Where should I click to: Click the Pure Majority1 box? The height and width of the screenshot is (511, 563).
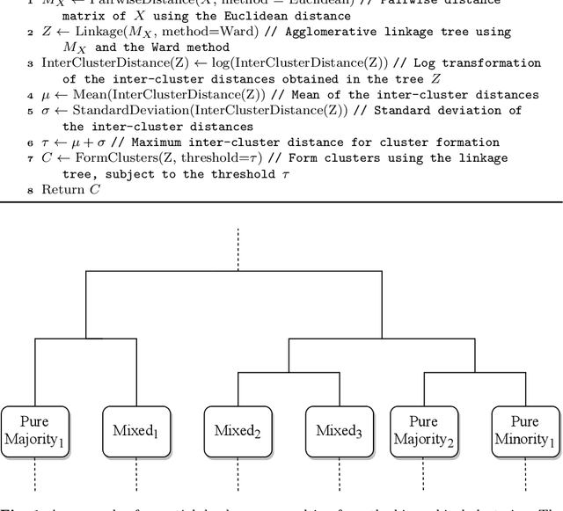point(35,430)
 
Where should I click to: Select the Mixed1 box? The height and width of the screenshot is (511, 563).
point(136,430)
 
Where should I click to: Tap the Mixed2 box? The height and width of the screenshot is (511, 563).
point(238,430)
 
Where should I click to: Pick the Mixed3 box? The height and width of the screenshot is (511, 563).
point(340,430)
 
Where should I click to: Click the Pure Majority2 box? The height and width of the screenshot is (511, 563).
point(424,430)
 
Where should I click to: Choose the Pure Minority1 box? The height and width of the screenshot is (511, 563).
point(525,430)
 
